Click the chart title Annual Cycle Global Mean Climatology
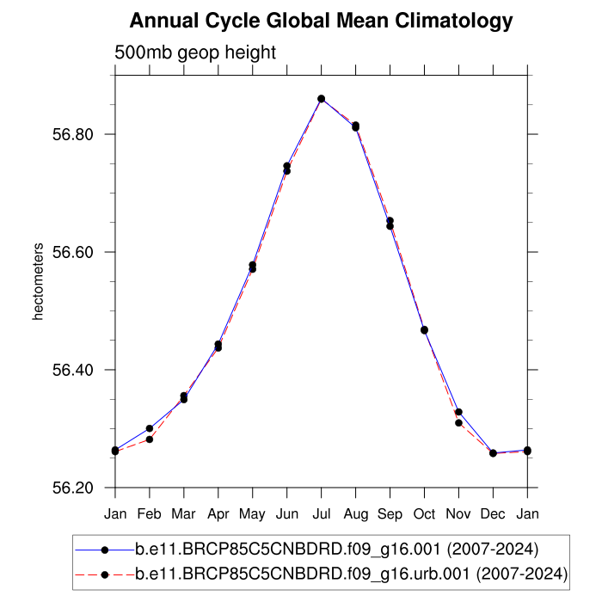pyautogui.click(x=321, y=21)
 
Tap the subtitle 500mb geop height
pyautogui.click(x=195, y=52)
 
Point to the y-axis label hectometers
pyautogui.click(x=38, y=282)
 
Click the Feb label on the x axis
pyautogui.click(x=150, y=513)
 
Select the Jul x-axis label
pyautogui.click(x=321, y=513)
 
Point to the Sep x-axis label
pyautogui.click(x=390, y=513)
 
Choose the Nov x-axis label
pyautogui.click(x=458, y=513)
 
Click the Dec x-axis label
pyautogui.click(x=493, y=513)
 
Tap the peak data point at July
pyautogui.click(x=321, y=99)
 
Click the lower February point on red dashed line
pyautogui.click(x=150, y=439)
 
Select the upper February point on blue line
pyautogui.click(x=150, y=428)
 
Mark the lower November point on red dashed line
pyautogui.click(x=458, y=422)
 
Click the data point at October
pyautogui.click(x=424, y=330)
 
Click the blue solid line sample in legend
pyautogui.click(x=104, y=548)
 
